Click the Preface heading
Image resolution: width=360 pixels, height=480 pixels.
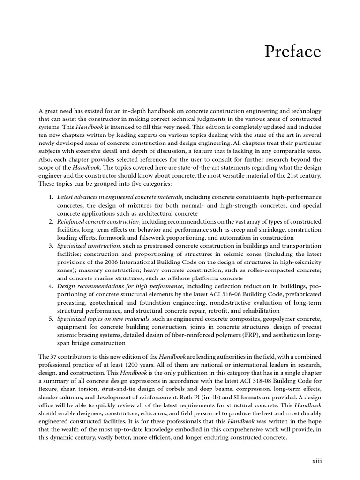click(293, 52)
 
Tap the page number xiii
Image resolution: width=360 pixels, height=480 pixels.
click(317, 461)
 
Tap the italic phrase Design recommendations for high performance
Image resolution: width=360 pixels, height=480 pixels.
click(120, 285)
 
